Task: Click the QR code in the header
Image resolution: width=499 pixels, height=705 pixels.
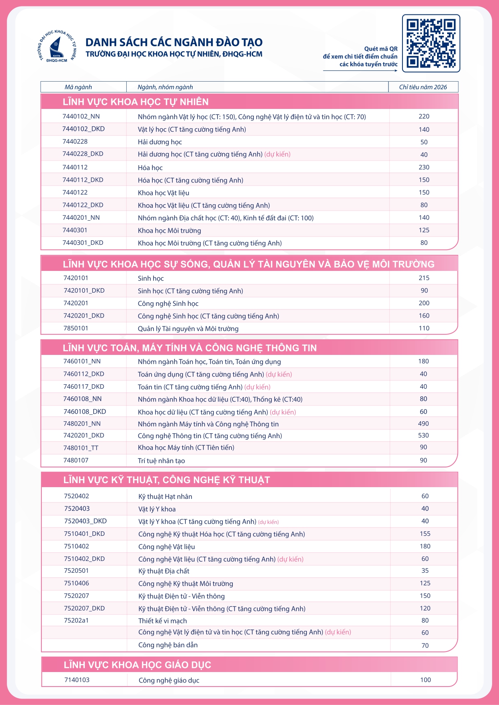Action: tap(431, 43)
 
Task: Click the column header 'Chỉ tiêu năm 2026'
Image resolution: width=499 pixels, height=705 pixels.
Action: tap(423, 87)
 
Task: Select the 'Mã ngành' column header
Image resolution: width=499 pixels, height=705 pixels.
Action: tap(78, 87)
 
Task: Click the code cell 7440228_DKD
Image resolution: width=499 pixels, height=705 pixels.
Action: tap(83, 154)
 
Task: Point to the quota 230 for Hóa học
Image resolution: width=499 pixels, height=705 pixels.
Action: tap(424, 167)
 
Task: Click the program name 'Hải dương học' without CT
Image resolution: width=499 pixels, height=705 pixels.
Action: tap(160, 142)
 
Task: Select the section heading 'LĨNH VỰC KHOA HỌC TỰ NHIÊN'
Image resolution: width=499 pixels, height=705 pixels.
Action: tap(136, 102)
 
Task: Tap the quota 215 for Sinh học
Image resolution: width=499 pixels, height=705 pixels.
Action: tap(424, 278)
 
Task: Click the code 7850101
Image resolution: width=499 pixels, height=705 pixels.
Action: tap(76, 328)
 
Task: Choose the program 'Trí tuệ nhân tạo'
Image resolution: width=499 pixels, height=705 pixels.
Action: tap(161, 461)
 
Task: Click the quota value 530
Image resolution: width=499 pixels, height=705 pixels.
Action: tap(423, 435)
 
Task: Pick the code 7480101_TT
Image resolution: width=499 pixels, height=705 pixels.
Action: tap(81, 448)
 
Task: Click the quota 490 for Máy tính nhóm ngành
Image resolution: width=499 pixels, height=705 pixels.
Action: tap(423, 424)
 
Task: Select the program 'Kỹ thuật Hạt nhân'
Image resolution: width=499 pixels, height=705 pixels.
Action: tap(165, 496)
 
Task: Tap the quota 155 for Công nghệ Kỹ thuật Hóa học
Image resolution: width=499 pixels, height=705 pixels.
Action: tap(425, 534)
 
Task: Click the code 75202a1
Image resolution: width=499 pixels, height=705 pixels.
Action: tap(76, 620)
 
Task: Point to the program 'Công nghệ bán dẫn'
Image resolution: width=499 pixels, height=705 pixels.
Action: tap(168, 645)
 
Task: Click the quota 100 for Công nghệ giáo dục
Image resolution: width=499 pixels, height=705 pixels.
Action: tap(425, 680)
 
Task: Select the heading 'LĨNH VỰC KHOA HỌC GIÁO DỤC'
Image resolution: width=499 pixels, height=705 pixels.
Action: tap(137, 665)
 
